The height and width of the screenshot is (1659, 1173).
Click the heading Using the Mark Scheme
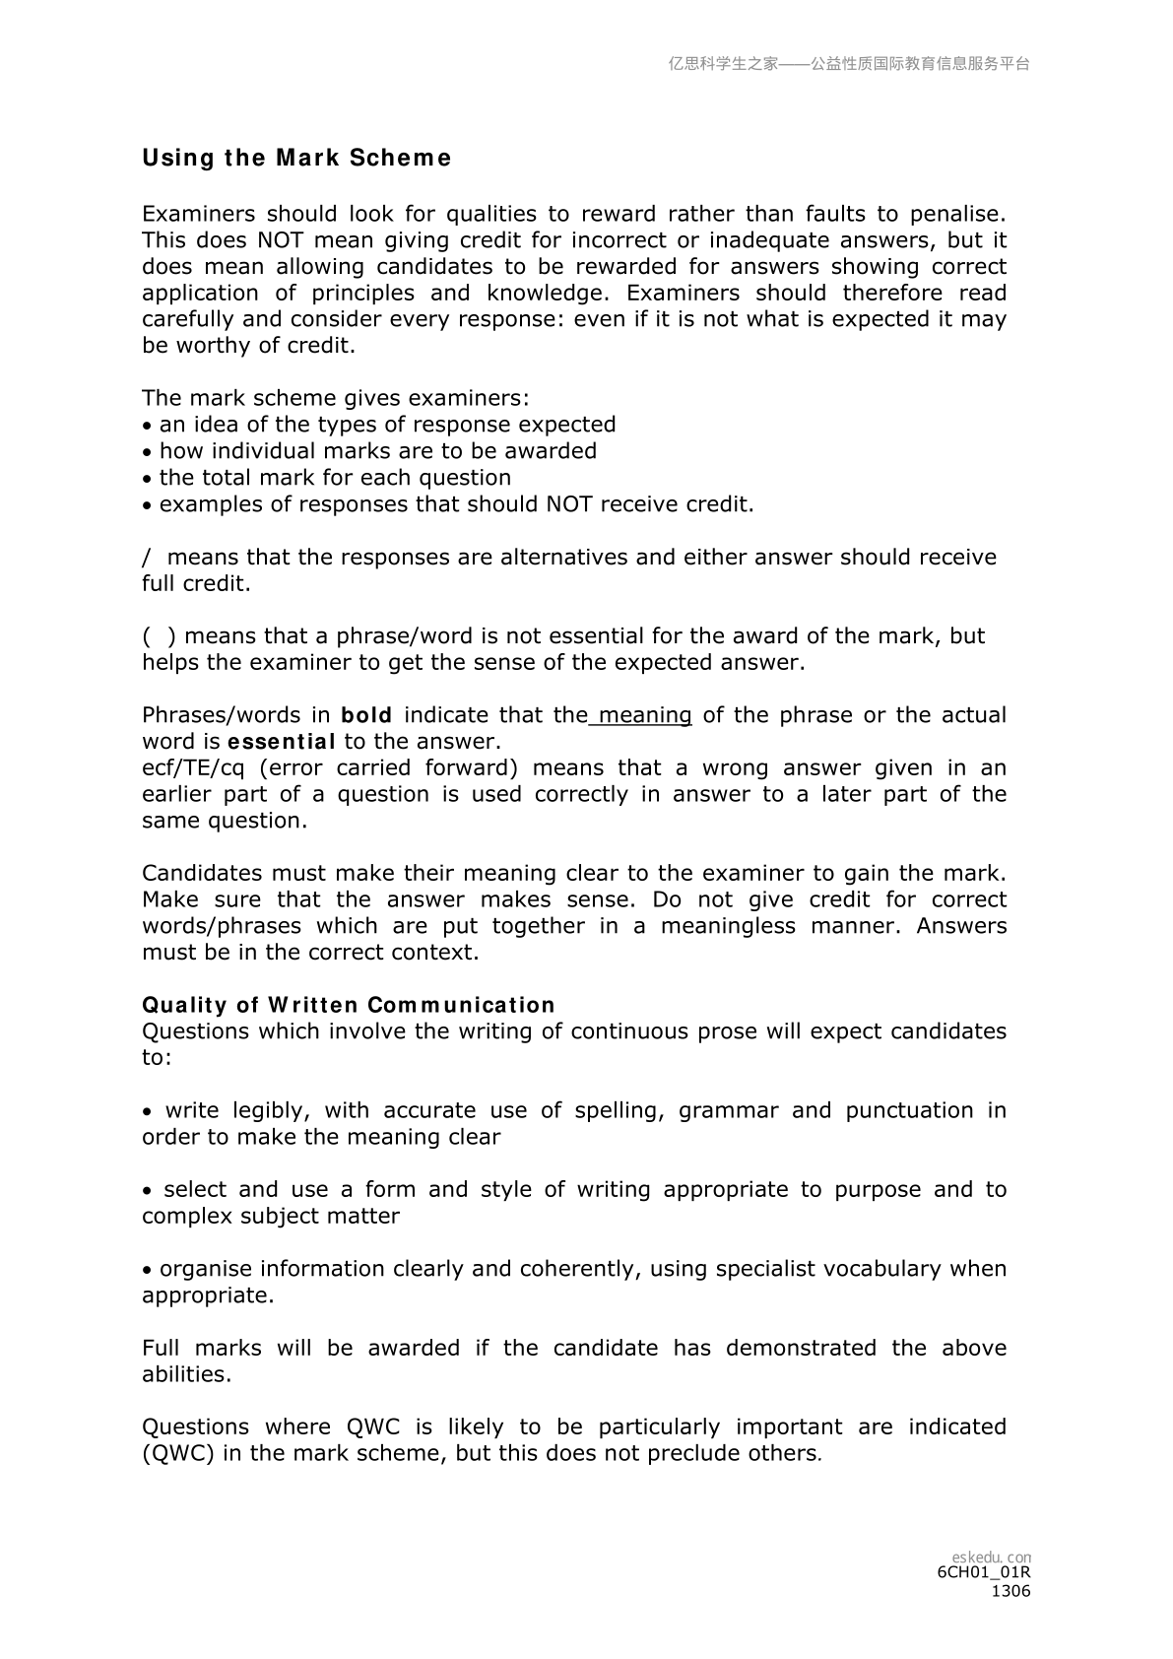click(x=296, y=159)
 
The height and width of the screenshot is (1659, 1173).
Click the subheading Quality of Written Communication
click(x=349, y=1005)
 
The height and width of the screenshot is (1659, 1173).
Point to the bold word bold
click(x=366, y=715)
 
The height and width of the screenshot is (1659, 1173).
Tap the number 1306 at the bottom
click(x=1010, y=1591)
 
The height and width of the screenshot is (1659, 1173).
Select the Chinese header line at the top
click(x=849, y=64)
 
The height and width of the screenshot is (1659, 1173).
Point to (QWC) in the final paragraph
click(x=178, y=1453)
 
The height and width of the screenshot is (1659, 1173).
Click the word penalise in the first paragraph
click(x=957, y=215)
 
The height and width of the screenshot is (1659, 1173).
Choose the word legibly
click(x=271, y=1110)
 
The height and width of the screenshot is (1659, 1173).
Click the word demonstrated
click(x=801, y=1348)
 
